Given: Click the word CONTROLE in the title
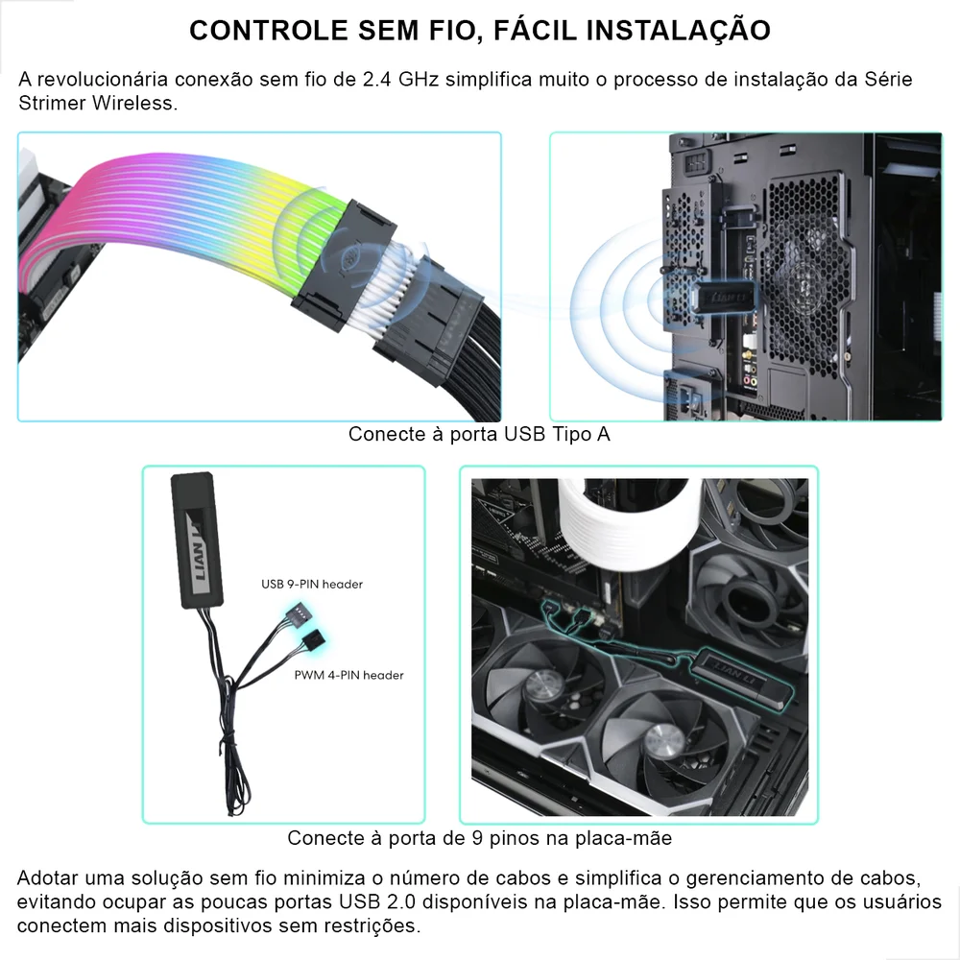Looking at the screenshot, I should point(268,31).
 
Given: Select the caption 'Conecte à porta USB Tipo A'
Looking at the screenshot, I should point(479,434).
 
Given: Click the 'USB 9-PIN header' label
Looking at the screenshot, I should point(312,584).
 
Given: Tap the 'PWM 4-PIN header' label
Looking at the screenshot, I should point(348,675).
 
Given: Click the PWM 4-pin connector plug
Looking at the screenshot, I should point(313,641).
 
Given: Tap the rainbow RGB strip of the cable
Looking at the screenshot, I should point(192,221).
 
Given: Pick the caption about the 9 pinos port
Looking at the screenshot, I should point(479,838).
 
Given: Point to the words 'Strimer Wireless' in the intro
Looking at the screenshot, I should point(97,103).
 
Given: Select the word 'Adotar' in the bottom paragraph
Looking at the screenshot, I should point(48,879).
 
